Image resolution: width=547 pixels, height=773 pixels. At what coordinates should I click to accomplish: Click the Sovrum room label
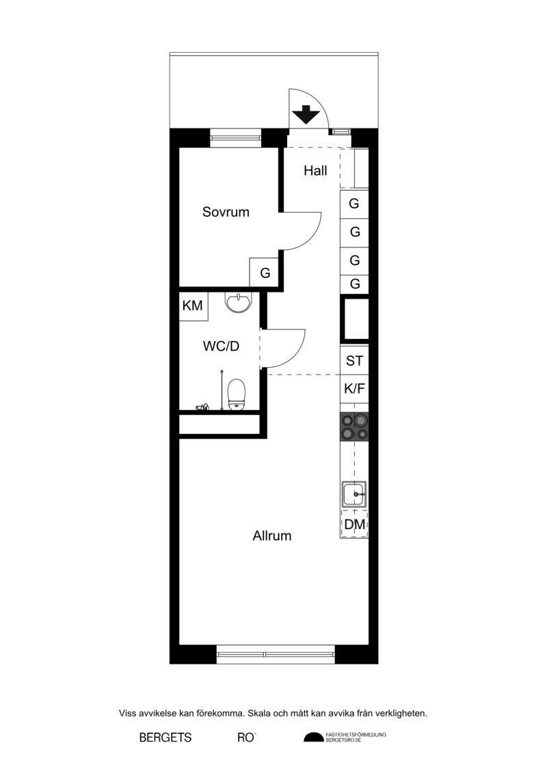pyautogui.click(x=226, y=212)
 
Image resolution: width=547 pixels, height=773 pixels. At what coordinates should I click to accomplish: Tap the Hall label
pyautogui.click(x=315, y=171)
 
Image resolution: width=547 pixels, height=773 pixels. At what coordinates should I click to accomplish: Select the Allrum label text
pyautogui.click(x=271, y=535)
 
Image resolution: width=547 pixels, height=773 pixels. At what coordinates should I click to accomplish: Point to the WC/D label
pyautogui.click(x=221, y=346)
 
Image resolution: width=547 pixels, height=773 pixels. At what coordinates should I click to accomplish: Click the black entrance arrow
pyautogui.click(x=306, y=114)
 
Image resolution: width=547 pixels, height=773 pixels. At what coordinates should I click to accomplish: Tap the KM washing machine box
pyautogui.click(x=193, y=306)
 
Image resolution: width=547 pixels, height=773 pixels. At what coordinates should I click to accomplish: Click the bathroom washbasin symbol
pyautogui.click(x=238, y=302)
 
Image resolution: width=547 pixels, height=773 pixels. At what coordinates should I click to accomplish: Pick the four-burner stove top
pyautogui.click(x=354, y=427)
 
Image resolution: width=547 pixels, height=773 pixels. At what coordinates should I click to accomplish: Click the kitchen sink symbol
pyautogui.click(x=354, y=493)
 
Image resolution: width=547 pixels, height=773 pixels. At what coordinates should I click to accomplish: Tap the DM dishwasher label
pyautogui.click(x=355, y=524)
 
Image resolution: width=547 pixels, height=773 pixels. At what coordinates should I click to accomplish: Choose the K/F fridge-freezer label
pyautogui.click(x=354, y=388)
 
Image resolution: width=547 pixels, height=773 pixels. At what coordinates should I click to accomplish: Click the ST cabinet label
pyautogui.click(x=354, y=361)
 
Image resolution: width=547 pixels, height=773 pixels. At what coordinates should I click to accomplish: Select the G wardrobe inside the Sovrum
pyautogui.click(x=265, y=273)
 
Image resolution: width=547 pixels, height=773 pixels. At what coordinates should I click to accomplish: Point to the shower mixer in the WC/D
pyautogui.click(x=202, y=407)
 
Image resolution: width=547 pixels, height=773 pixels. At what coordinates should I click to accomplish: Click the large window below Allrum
pyautogui.click(x=276, y=654)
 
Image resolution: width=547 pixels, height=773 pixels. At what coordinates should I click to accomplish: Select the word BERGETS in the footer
pyautogui.click(x=165, y=737)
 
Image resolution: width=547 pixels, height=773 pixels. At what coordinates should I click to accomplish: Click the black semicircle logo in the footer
pyautogui.click(x=314, y=737)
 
